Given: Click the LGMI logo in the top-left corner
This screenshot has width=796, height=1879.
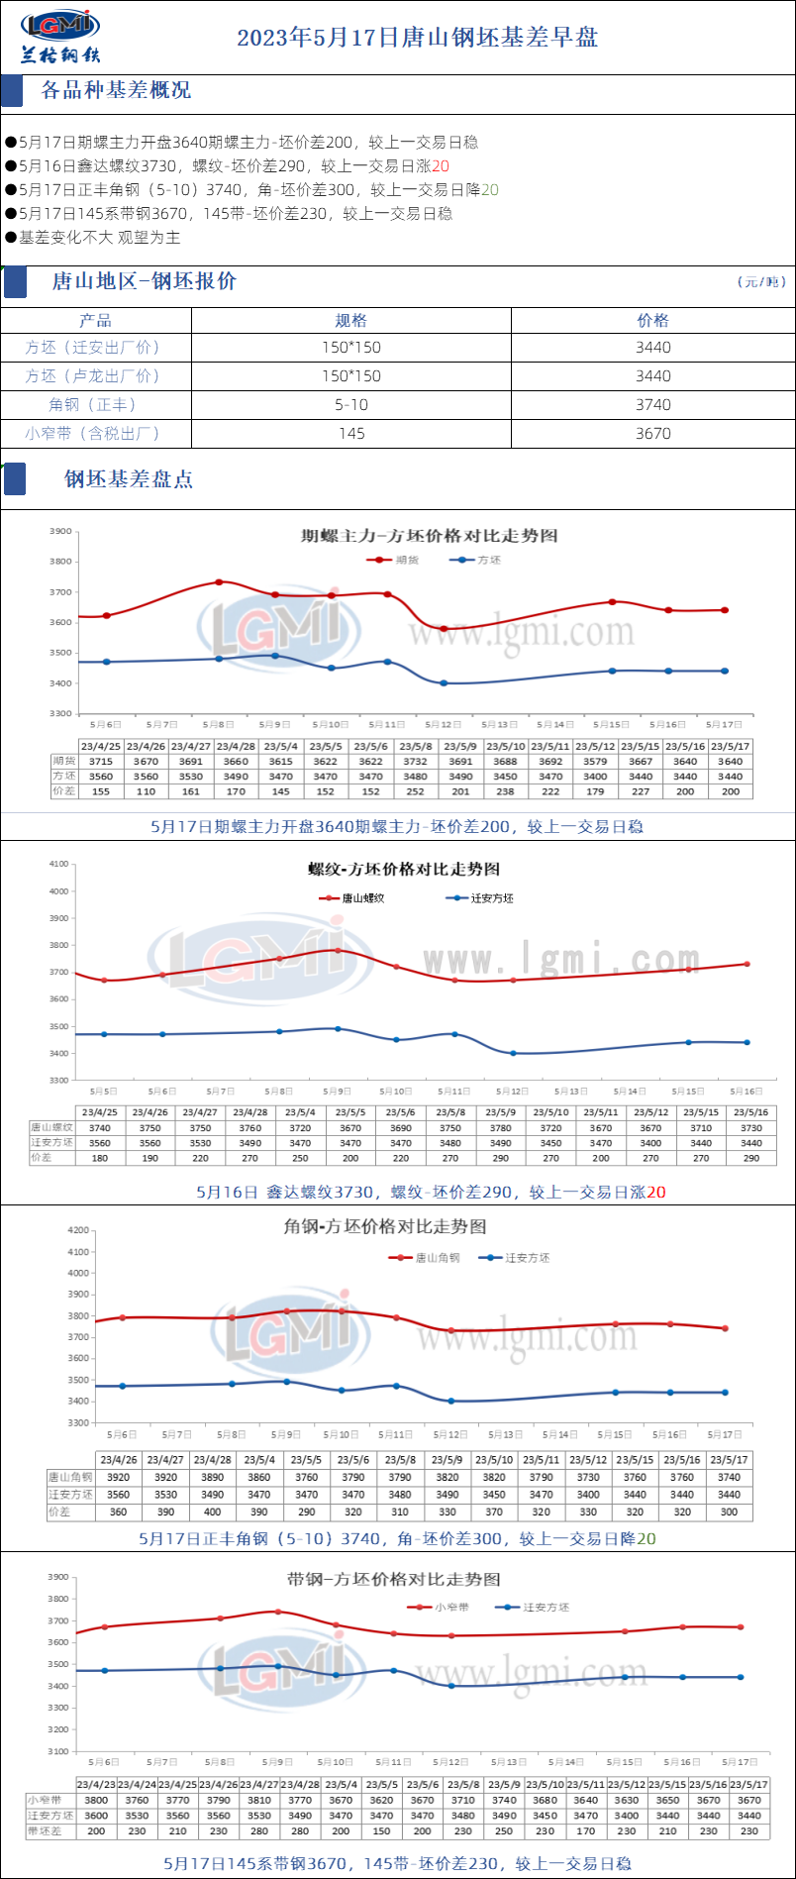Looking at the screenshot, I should pos(60,36).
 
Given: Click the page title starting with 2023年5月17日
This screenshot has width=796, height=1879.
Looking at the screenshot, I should pos(417,38).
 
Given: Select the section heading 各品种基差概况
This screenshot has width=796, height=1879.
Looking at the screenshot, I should pos(116,90).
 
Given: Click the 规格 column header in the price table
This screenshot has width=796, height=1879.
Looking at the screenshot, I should pos(350,320).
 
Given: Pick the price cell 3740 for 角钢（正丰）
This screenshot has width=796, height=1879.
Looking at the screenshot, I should pos(652,404).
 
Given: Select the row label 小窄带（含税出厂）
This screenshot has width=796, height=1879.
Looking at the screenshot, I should pos(93,433).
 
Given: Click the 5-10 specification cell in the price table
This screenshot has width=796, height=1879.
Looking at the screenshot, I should pos(350,404).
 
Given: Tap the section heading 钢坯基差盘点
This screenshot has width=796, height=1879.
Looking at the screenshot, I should pos(129,479).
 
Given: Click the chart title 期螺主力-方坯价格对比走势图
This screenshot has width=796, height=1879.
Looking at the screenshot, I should pos(430,536).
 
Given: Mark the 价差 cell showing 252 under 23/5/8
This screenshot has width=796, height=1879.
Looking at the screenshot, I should pos(415,791).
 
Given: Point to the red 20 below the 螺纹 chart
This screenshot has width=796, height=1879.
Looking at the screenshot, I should pos(655,1193).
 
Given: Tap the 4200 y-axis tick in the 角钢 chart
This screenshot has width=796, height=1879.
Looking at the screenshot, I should pos(78,1230).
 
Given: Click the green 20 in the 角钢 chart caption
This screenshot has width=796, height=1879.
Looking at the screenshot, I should pos(646,1539).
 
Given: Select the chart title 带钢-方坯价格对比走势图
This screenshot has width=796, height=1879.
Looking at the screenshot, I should pos(394,1579).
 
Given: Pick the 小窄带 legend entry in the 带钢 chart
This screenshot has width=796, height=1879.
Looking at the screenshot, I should pos(451,1607).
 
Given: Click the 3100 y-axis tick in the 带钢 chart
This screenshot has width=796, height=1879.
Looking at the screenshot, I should pos(58,1751).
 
